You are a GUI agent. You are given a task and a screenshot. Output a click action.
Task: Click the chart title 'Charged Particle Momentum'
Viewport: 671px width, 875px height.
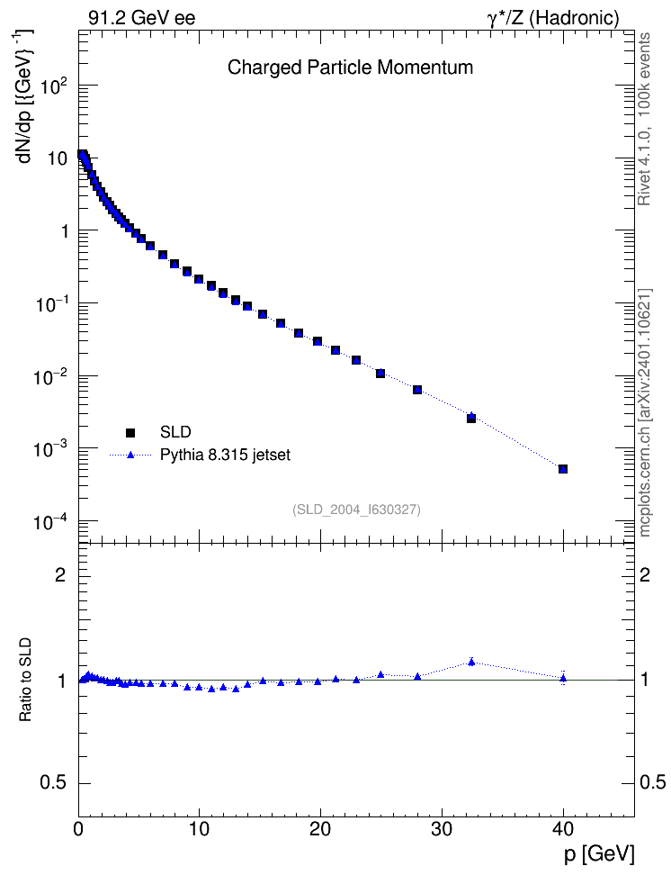(x=350, y=68)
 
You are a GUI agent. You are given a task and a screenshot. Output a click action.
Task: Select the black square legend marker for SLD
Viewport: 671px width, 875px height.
(x=130, y=432)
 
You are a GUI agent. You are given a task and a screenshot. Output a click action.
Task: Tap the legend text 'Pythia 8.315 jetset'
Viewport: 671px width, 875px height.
(x=226, y=456)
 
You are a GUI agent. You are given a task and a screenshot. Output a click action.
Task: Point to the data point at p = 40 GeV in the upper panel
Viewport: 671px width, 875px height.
(x=563, y=469)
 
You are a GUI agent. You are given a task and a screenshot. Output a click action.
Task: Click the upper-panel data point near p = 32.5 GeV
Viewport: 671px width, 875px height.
(x=471, y=418)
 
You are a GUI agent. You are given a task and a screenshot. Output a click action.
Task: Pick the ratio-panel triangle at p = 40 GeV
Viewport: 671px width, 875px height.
(x=563, y=678)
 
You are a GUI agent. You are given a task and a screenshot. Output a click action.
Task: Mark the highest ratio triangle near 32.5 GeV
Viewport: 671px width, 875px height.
(x=471, y=662)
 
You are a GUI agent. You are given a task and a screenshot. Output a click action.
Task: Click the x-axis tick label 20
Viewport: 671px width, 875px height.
(x=321, y=829)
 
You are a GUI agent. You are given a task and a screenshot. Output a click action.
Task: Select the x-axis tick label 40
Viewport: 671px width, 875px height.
(x=563, y=829)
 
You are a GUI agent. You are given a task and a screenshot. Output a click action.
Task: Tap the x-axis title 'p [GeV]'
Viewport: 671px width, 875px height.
(x=598, y=854)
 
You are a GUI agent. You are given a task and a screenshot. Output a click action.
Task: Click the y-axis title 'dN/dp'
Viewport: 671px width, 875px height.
(x=25, y=137)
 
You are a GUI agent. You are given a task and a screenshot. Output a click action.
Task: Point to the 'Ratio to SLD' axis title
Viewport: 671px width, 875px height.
(x=25, y=680)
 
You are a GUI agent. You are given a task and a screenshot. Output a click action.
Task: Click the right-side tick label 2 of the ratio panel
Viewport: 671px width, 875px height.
(x=645, y=574)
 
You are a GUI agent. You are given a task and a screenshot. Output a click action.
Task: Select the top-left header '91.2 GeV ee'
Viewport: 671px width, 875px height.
(x=142, y=18)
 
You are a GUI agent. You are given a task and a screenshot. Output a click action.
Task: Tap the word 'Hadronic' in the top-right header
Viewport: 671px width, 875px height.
(x=573, y=18)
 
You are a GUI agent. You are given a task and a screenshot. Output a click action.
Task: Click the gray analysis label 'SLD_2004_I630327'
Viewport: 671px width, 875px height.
(x=356, y=510)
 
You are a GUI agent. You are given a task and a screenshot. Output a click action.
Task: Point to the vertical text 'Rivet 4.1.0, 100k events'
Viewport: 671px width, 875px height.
(x=644, y=119)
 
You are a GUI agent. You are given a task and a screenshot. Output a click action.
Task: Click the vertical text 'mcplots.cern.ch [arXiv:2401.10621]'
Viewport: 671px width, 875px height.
(x=644, y=413)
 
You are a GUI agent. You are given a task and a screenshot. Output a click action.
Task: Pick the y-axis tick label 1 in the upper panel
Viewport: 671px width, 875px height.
(x=64, y=231)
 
